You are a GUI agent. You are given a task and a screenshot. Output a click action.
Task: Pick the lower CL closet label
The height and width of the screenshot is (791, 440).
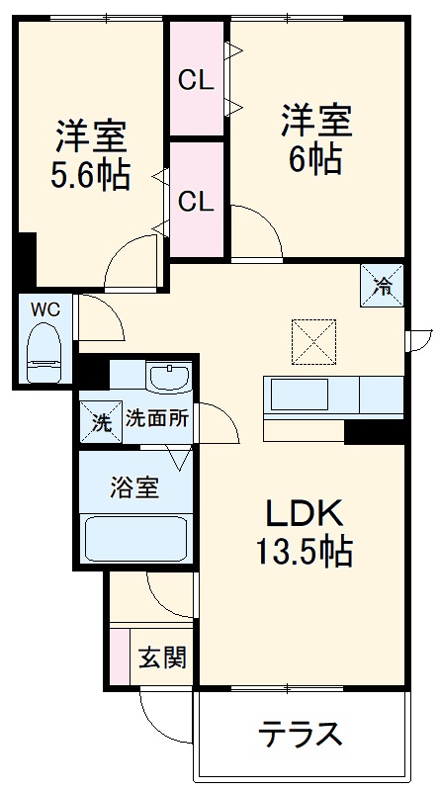(x=196, y=201)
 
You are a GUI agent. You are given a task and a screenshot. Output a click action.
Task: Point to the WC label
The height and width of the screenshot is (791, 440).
(x=44, y=309)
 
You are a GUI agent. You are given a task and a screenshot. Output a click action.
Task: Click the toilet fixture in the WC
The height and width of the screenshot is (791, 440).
(x=44, y=353)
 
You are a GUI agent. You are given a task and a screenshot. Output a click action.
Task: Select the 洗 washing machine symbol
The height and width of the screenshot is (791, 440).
(x=100, y=419)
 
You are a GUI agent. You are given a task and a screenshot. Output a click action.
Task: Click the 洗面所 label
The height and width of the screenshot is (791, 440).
(x=156, y=418)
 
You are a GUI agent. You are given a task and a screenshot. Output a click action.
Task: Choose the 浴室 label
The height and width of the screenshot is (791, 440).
(x=135, y=486)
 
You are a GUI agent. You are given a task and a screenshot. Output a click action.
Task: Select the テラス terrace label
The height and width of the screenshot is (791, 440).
(x=301, y=734)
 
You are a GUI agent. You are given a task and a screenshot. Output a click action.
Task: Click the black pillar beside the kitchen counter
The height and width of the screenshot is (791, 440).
(x=375, y=431)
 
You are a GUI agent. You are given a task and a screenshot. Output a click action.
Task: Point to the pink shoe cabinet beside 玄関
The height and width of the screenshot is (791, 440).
(x=119, y=656)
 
